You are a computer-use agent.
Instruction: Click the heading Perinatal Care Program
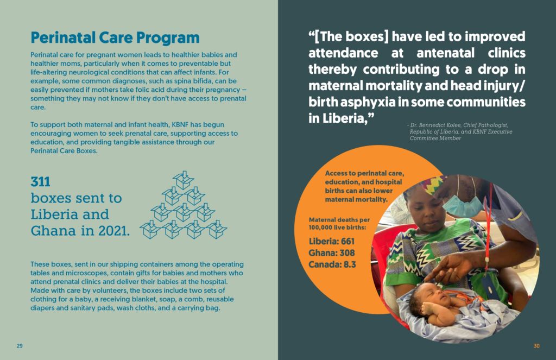click(x=115, y=38)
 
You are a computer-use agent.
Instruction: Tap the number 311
click(x=40, y=182)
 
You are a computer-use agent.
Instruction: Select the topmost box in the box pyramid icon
click(x=184, y=180)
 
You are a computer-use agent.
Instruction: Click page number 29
click(x=20, y=346)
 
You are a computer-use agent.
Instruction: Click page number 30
click(x=536, y=346)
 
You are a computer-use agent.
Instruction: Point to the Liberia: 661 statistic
click(x=332, y=242)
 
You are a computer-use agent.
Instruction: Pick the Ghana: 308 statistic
click(x=332, y=253)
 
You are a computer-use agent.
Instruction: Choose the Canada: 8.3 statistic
click(x=332, y=264)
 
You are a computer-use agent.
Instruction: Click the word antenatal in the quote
click(x=445, y=53)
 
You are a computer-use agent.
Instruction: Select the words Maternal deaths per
click(x=339, y=220)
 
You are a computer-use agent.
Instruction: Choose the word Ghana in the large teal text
click(x=53, y=231)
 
